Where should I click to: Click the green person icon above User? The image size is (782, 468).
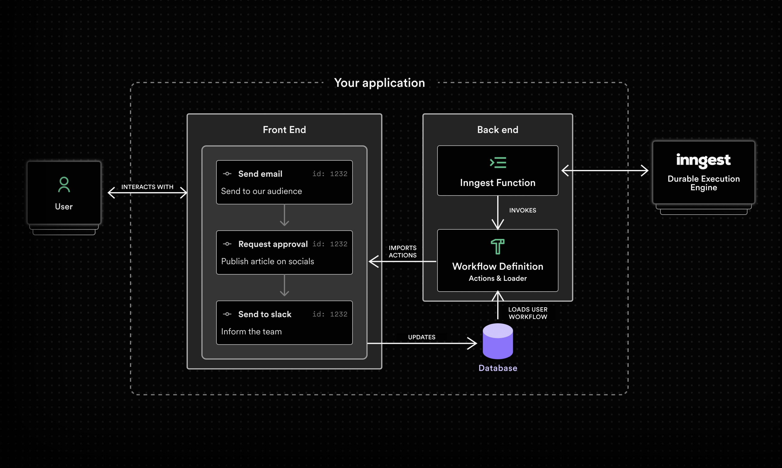pyautogui.click(x=64, y=184)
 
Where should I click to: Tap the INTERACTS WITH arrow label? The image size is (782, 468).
pyautogui.click(x=147, y=187)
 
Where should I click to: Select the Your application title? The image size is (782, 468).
pyautogui.click(x=379, y=83)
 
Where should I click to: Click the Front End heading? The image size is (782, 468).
pyautogui.click(x=284, y=130)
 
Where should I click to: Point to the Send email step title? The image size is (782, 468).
pyautogui.click(x=260, y=174)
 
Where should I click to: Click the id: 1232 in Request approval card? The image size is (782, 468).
pyautogui.click(x=329, y=244)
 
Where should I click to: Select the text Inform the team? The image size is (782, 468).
pyautogui.click(x=251, y=331)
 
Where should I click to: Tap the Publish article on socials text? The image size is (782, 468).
pyautogui.click(x=268, y=261)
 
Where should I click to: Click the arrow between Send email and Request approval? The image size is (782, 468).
pyautogui.click(x=284, y=216)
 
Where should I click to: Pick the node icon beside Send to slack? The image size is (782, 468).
pyautogui.click(x=227, y=314)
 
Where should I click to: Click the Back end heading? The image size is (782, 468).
pyautogui.click(x=497, y=130)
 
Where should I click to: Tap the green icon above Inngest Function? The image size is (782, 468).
pyautogui.click(x=498, y=163)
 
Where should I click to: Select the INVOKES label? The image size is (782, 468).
pyautogui.click(x=522, y=210)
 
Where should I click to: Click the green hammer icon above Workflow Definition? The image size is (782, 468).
pyautogui.click(x=498, y=247)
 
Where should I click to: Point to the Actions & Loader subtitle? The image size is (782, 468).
pyautogui.click(x=498, y=278)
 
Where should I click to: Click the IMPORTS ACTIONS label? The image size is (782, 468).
pyautogui.click(x=402, y=251)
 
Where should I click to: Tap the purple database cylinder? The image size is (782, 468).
pyautogui.click(x=498, y=341)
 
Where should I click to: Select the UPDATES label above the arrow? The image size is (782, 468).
pyautogui.click(x=421, y=337)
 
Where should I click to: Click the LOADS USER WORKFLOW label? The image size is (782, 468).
pyautogui.click(x=527, y=313)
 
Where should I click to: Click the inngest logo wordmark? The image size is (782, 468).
pyautogui.click(x=703, y=160)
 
